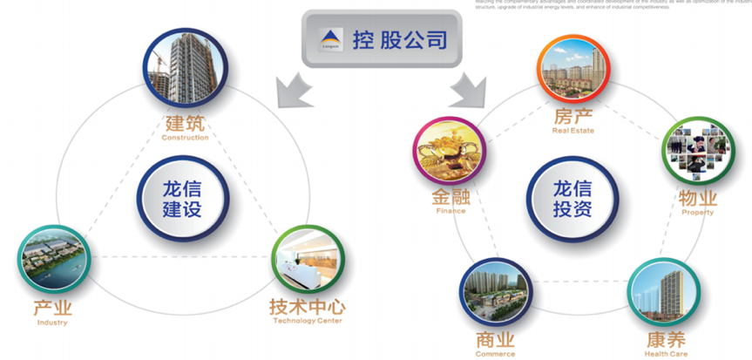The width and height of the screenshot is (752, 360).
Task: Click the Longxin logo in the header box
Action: tap(331, 38)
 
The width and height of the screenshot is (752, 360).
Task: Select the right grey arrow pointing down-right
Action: tap(468, 87)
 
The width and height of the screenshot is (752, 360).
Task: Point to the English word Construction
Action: tap(185, 138)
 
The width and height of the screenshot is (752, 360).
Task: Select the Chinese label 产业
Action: tap(52, 309)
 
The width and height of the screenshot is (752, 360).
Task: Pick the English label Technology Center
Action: tap(307, 321)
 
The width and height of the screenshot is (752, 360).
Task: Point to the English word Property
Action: tap(697, 212)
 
